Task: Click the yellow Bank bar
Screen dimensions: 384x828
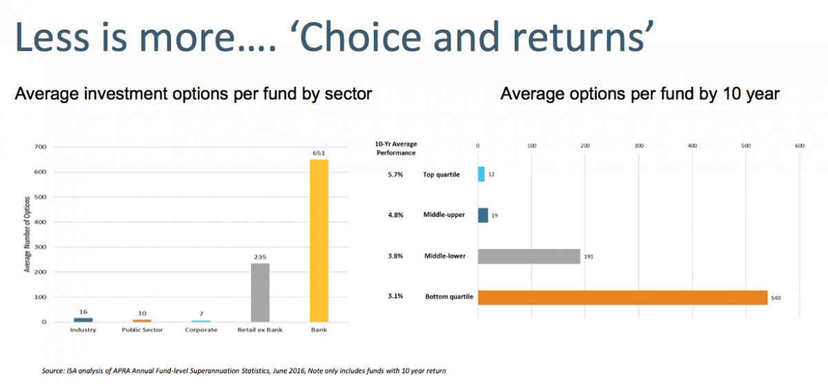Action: tap(319, 241)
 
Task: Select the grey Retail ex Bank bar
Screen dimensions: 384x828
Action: tap(260, 292)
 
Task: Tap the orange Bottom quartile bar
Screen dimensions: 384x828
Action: tap(622, 297)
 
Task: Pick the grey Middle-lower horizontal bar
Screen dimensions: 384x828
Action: tap(529, 256)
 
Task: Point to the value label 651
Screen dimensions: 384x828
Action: tap(319, 153)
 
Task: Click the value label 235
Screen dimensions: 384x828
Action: tap(260, 256)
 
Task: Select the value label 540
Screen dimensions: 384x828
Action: tap(776, 298)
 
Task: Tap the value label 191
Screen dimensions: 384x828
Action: tap(588, 256)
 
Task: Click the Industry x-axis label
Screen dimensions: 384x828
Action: tap(83, 330)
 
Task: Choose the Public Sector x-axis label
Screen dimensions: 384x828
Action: tap(141, 330)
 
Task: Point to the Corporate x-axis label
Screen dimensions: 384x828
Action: tap(201, 330)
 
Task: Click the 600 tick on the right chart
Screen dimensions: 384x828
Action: tap(800, 145)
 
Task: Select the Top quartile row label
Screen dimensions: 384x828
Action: tap(441, 174)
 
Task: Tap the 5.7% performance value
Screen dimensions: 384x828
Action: tap(396, 174)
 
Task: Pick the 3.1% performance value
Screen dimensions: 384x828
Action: tap(396, 297)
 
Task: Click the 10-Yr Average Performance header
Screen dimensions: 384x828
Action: tap(396, 148)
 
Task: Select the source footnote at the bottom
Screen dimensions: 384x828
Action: tap(244, 371)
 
